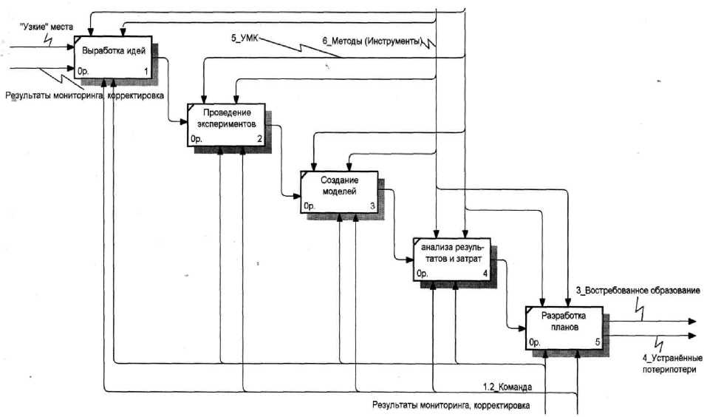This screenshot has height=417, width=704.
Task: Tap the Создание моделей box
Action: click(x=339, y=191)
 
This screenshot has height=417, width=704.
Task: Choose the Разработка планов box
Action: click(x=564, y=326)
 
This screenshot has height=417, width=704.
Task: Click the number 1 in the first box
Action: click(x=146, y=71)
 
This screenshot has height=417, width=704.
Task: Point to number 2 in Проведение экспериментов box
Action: click(x=259, y=138)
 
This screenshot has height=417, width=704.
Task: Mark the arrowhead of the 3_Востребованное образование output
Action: click(x=692, y=322)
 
